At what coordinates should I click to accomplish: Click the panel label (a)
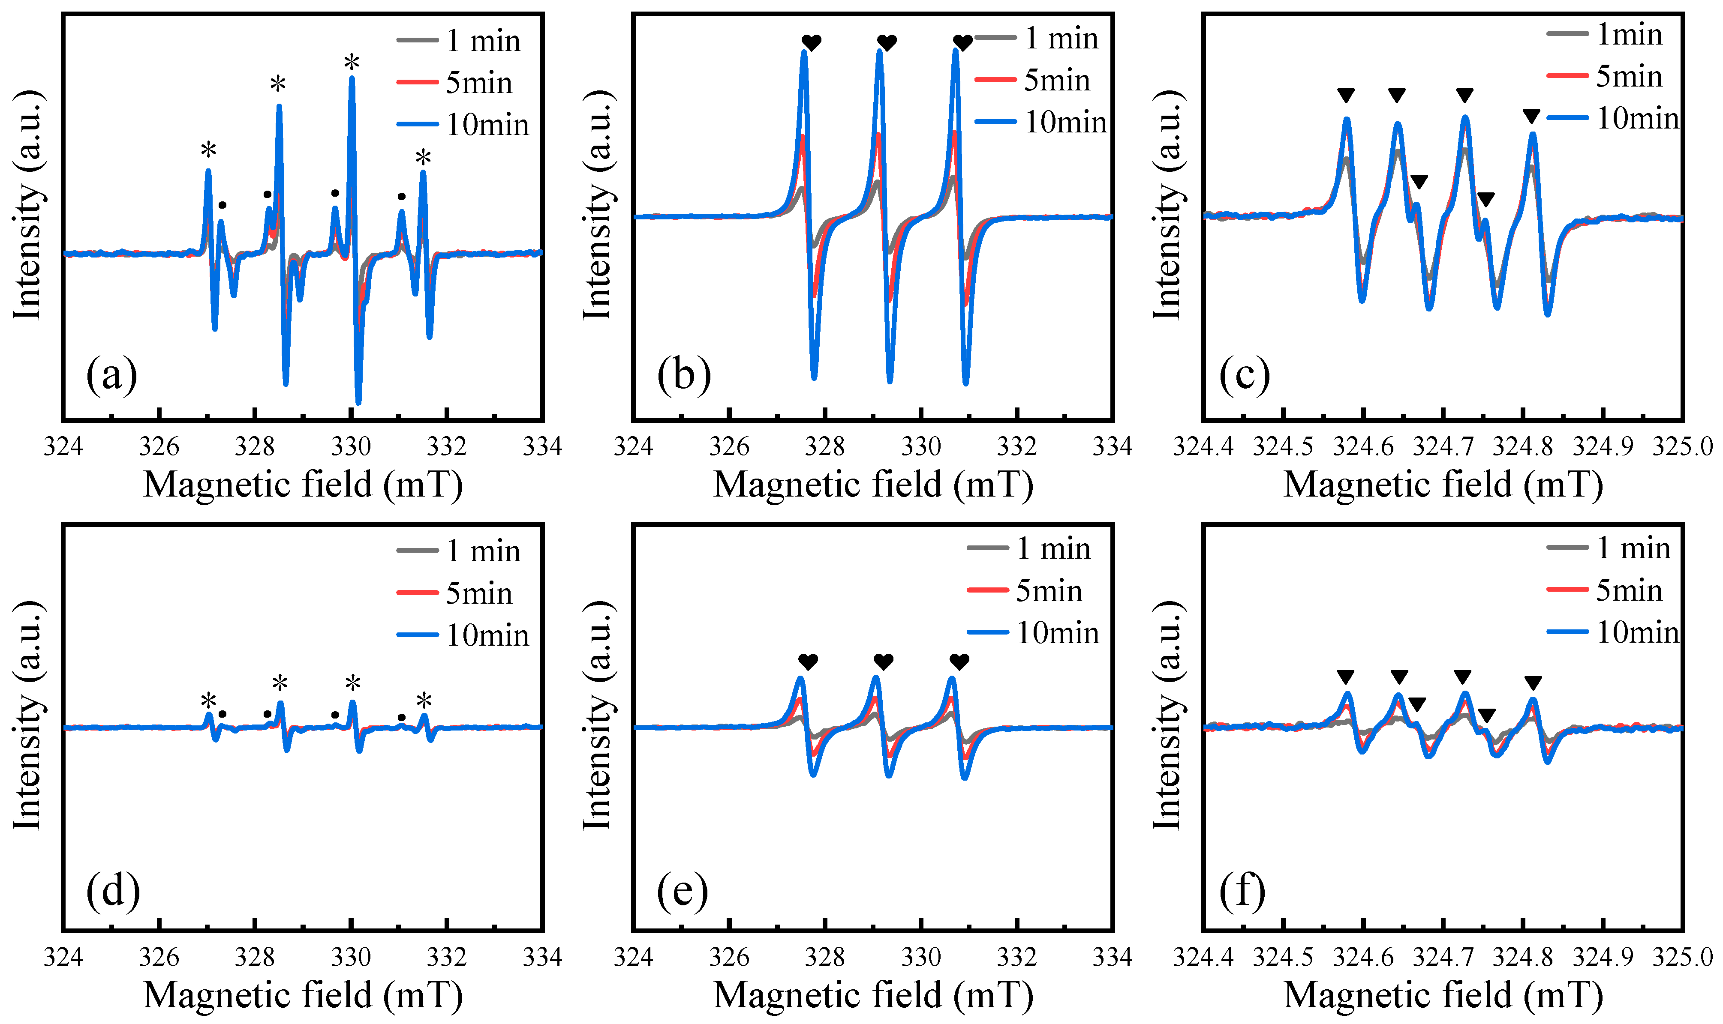click(112, 375)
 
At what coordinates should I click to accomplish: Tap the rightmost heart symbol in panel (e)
click(959, 662)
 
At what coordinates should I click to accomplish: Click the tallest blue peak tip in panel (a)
click(352, 79)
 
